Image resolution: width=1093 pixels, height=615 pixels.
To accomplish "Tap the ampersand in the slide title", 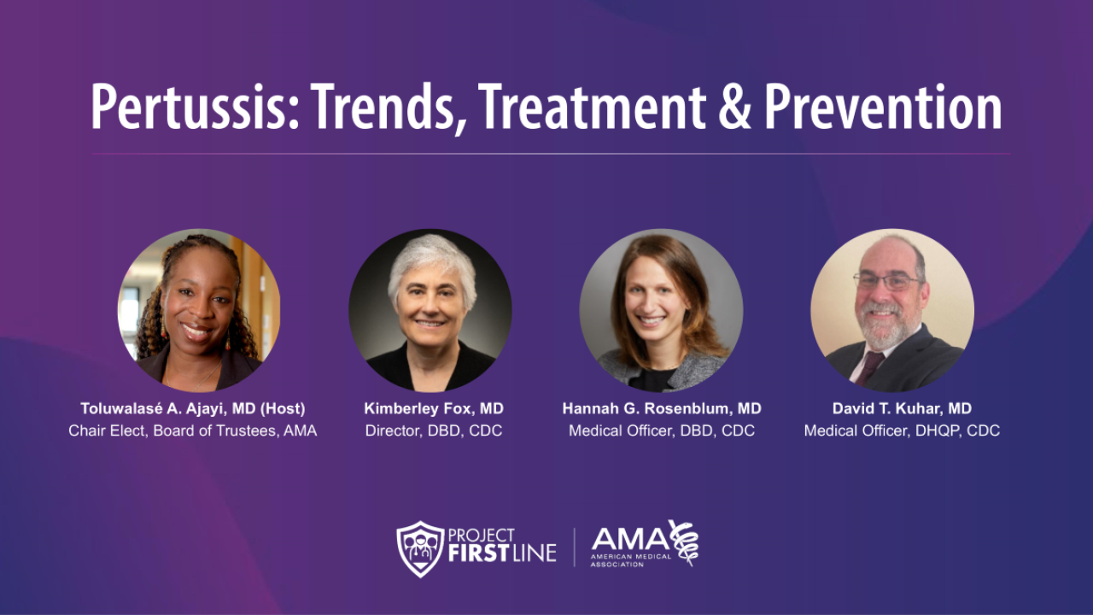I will [x=733, y=108].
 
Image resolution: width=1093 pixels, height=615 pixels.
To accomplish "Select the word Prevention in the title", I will [x=883, y=108].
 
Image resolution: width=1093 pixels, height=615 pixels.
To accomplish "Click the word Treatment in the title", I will [x=593, y=108].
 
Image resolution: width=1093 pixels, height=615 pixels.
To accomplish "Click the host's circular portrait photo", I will [x=199, y=310].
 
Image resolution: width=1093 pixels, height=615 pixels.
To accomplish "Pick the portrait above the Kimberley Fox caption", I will [x=430, y=310].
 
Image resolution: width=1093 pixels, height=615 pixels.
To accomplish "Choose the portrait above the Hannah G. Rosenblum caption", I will [x=661, y=310].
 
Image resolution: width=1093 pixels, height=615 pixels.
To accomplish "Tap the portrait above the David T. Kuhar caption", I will [x=892, y=310].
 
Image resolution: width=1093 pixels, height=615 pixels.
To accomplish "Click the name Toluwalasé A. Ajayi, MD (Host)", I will [x=193, y=408].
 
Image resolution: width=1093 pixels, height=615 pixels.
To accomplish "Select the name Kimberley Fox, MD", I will [x=434, y=408].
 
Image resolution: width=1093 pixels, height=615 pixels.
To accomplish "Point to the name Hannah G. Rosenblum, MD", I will [x=662, y=408].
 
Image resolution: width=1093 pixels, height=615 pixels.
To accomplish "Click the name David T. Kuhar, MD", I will [x=902, y=408].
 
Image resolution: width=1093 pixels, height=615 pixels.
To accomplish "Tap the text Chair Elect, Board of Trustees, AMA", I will [x=193, y=430].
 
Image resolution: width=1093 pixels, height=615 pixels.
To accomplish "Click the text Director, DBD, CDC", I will [x=434, y=430].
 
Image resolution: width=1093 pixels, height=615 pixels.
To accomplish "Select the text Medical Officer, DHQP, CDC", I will [x=902, y=430].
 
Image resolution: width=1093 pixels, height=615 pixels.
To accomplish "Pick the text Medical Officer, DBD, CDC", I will [x=662, y=430].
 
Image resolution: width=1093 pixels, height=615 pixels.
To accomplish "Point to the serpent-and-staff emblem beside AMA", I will [x=682, y=542].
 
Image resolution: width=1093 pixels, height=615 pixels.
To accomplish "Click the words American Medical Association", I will [x=631, y=560].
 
